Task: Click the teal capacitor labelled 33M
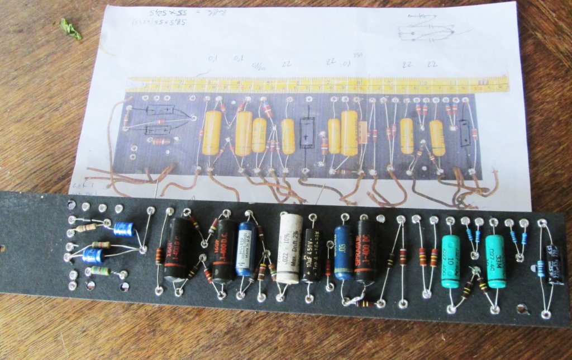pyautogui.click(x=495, y=253)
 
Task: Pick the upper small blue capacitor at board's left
pyautogui.click(x=123, y=229)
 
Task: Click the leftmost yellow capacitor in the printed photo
pyautogui.click(x=212, y=132)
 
